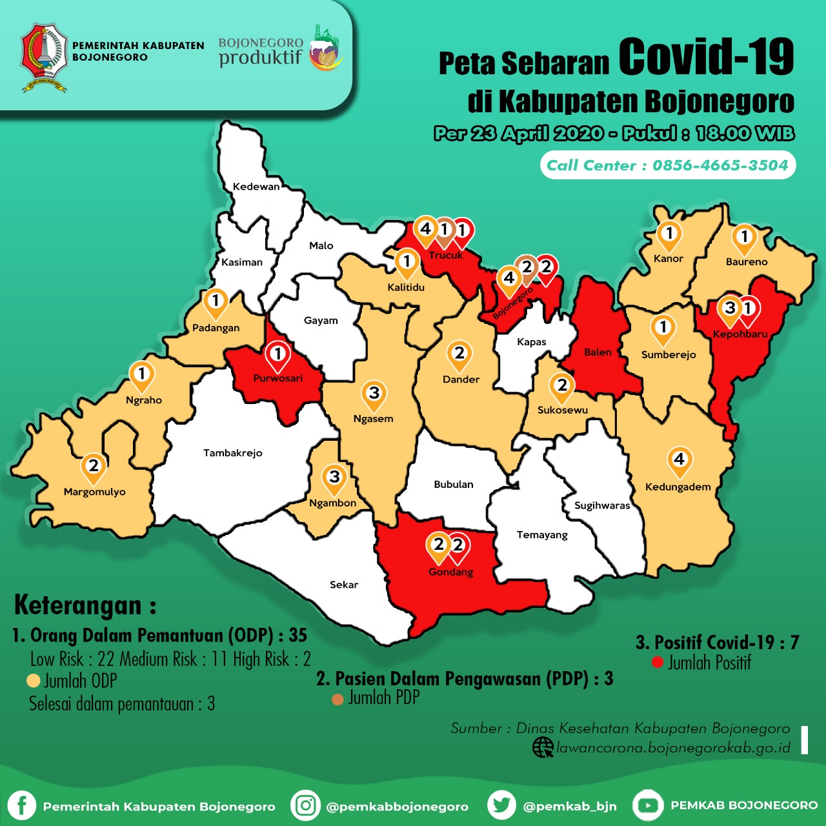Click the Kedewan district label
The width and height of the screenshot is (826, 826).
click(x=256, y=186)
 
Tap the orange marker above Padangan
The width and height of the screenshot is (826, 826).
click(x=216, y=301)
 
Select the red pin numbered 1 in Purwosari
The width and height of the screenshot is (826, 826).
click(x=278, y=355)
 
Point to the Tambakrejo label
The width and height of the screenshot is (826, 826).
click(x=232, y=453)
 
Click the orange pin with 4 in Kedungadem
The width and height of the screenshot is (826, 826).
click(x=679, y=460)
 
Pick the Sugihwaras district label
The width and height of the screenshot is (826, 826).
click(x=602, y=505)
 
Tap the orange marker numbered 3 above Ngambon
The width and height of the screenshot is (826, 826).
click(x=334, y=478)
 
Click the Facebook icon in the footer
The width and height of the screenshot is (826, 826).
click(x=21, y=805)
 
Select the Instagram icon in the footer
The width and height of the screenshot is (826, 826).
click(x=306, y=805)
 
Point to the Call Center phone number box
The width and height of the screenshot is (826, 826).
click(x=667, y=165)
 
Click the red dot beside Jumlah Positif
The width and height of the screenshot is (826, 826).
click(x=658, y=662)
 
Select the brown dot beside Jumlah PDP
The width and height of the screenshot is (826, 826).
click(x=337, y=699)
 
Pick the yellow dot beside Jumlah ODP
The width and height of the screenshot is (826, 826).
click(x=34, y=681)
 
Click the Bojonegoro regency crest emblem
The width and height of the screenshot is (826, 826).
click(x=44, y=57)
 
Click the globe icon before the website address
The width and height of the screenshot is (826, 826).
click(x=542, y=747)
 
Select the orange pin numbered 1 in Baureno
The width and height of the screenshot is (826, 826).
click(x=744, y=237)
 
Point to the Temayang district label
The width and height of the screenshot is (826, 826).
click(x=542, y=535)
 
